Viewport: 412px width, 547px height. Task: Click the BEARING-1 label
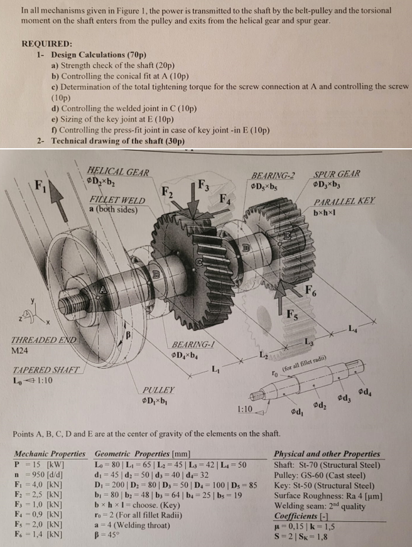[x=193, y=344]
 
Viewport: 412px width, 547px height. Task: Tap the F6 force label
[x=311, y=290]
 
